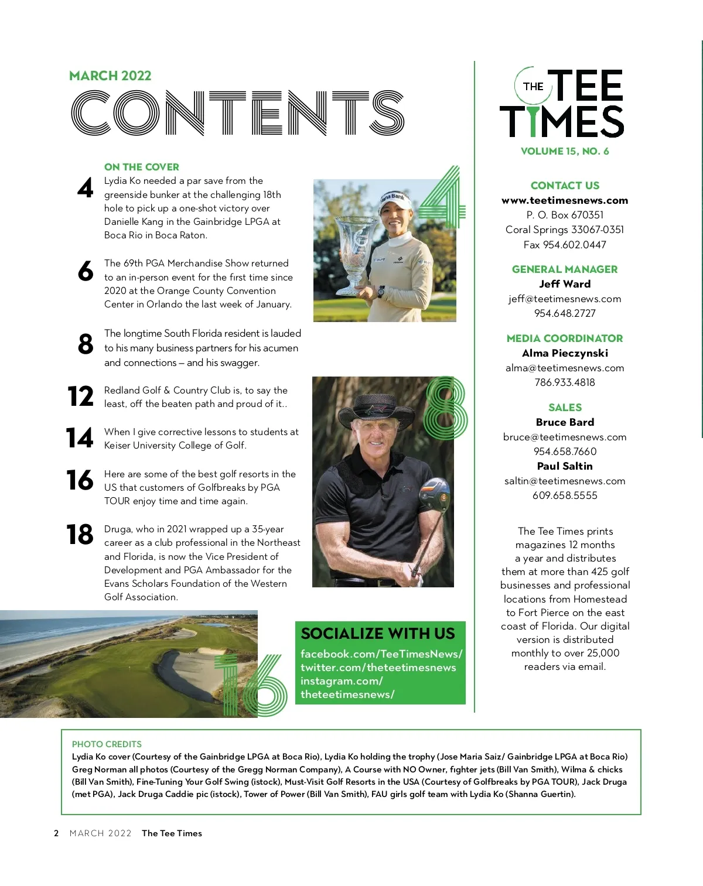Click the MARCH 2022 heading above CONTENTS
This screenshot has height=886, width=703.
tap(110, 76)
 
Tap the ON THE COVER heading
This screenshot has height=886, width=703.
tap(141, 167)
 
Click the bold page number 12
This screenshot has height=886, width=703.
tap(80, 396)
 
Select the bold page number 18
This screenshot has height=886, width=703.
tap(80, 535)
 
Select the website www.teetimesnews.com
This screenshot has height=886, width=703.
tap(565, 200)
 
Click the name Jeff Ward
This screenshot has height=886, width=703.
tap(565, 284)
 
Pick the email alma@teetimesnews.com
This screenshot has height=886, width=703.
tap(565, 368)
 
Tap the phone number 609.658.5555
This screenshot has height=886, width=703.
tap(565, 495)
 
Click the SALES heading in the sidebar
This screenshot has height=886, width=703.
tap(565, 408)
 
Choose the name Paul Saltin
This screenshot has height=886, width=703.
tap(565, 466)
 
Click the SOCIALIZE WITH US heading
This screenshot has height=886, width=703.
tap(378, 634)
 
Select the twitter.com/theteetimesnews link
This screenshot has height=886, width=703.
tap(378, 668)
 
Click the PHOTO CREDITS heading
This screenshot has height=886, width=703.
tap(107, 744)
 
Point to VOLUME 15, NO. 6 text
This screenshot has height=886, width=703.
tap(565, 151)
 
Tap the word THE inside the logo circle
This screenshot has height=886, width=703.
tap(533, 87)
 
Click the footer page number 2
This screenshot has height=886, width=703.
tap(56, 833)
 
